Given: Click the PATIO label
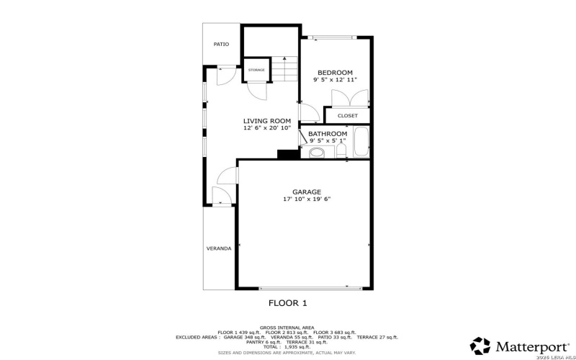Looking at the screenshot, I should click(221, 45).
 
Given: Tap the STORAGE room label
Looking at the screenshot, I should click(256, 70).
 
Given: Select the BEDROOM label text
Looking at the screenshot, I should click(335, 73).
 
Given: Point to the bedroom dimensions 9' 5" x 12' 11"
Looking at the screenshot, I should click(335, 80).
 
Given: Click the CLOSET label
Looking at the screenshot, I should click(347, 115).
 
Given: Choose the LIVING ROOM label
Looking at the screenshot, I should click(266, 121).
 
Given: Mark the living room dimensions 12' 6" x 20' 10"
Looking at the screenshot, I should click(266, 128).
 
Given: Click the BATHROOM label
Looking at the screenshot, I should click(328, 134).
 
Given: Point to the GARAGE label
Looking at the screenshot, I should click(306, 192).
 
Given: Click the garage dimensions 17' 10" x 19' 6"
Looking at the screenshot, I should click(306, 199).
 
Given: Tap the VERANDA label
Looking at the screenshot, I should click(219, 248).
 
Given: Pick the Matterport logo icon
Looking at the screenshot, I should click(480, 345).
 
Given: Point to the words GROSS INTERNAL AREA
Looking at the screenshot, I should click(287, 327).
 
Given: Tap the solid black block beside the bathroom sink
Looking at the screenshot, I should click(287, 154).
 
